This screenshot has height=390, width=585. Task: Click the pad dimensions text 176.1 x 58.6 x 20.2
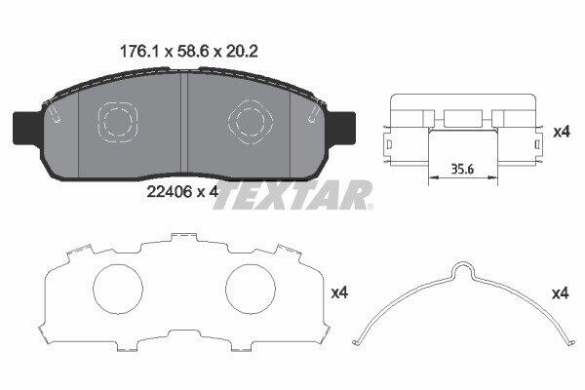click(x=189, y=51)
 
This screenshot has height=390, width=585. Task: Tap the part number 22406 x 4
click(x=182, y=192)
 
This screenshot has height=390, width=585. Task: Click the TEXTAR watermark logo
click(x=293, y=195)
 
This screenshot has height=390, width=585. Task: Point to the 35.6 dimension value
click(x=462, y=169)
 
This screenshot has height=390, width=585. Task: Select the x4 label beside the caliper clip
click(x=562, y=132)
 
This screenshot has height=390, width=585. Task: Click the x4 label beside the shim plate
click(x=339, y=292)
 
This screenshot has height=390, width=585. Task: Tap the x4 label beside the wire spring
click(x=561, y=293)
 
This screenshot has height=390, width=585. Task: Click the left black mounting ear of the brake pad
click(x=27, y=128)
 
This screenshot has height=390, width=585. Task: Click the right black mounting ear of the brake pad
click(x=341, y=128)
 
